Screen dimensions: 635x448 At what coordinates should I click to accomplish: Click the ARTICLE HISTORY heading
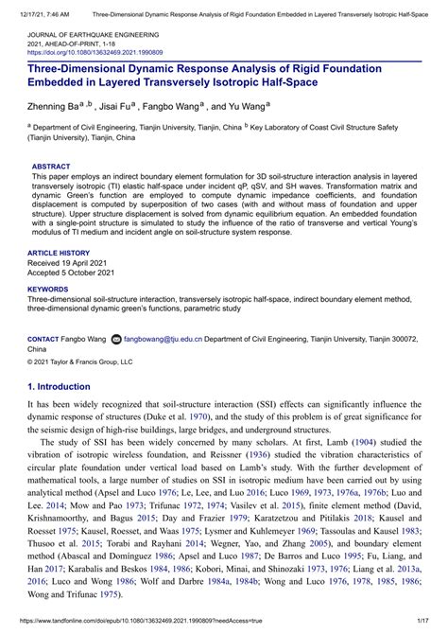(59, 254)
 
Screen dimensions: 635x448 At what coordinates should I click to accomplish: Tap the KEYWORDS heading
(48, 289)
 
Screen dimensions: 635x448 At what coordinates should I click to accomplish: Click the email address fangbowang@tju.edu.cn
(164, 338)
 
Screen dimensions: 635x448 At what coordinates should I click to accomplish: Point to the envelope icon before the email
(116, 338)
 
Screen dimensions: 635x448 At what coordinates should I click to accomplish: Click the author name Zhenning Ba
(55, 108)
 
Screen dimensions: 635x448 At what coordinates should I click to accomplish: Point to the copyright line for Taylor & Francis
(80, 362)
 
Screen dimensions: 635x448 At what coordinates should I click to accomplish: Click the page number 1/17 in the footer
(429, 626)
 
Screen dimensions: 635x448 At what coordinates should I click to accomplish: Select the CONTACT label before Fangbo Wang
(43, 338)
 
